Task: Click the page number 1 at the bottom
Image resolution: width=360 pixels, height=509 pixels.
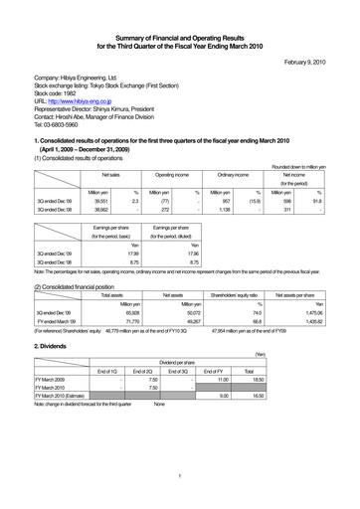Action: click(x=179, y=476)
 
